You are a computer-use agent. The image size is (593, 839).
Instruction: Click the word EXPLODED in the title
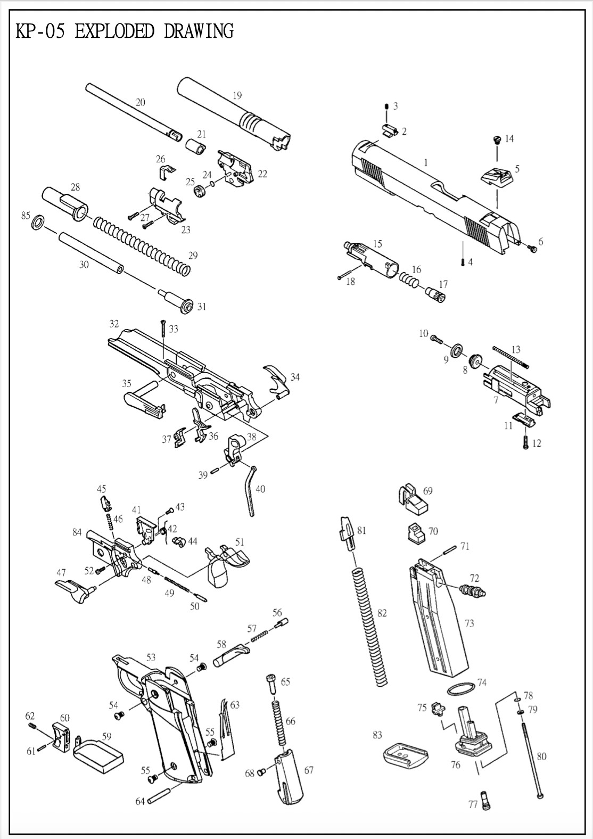[114, 31]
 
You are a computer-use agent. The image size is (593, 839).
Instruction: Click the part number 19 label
[237, 96]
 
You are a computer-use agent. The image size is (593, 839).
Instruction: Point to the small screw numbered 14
[496, 141]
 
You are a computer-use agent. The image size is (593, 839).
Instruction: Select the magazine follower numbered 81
[345, 533]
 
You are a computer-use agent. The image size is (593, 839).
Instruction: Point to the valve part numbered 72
[472, 590]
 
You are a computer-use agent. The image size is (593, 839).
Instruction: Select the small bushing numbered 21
[195, 147]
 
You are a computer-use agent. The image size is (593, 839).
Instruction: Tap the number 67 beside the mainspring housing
[309, 770]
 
